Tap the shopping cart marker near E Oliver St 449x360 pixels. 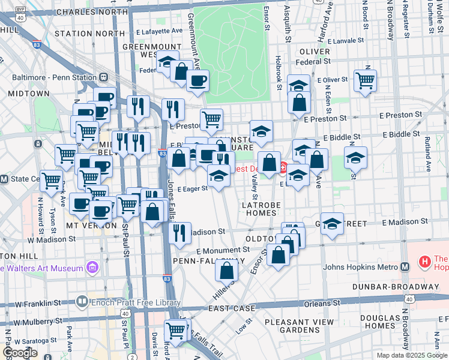[x=365, y=80]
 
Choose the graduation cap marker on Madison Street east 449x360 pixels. [x=332, y=224]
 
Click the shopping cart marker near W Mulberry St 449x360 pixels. [x=175, y=329]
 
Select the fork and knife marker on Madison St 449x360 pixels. [x=179, y=232]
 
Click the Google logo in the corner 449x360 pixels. [x=20, y=353]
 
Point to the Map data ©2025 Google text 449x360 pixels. [x=412, y=355]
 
